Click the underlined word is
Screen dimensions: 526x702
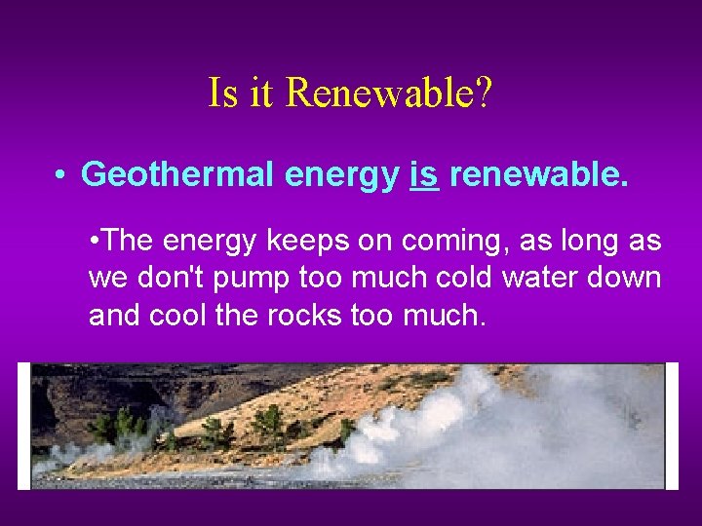tap(424, 174)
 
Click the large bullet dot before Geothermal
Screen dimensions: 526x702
tap(60, 175)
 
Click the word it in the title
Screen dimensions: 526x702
tap(261, 94)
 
